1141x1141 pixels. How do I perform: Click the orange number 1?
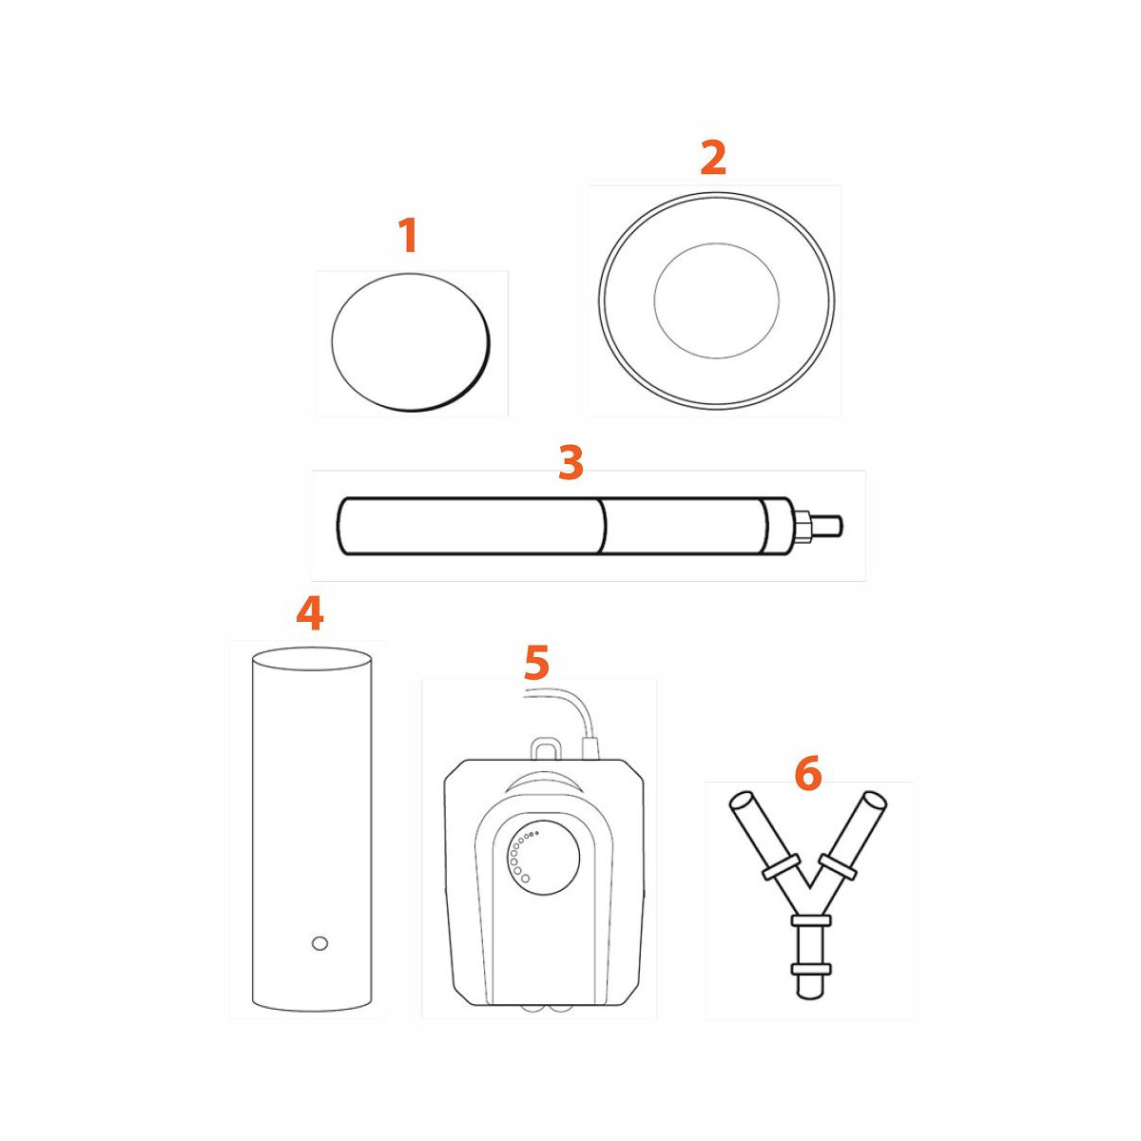click(409, 235)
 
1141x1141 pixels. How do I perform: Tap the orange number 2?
click(713, 158)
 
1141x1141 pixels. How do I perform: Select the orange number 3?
click(570, 462)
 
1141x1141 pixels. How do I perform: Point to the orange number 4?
click(310, 613)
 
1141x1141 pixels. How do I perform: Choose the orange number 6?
click(808, 773)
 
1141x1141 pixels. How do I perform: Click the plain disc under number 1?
click(411, 343)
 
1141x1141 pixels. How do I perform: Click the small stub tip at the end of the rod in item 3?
click(841, 526)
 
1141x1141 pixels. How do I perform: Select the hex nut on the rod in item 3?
click(804, 526)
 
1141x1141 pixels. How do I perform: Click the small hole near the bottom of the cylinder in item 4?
click(319, 943)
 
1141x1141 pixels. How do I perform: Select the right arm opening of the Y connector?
click(874, 803)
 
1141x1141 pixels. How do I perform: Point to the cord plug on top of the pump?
click(590, 748)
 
